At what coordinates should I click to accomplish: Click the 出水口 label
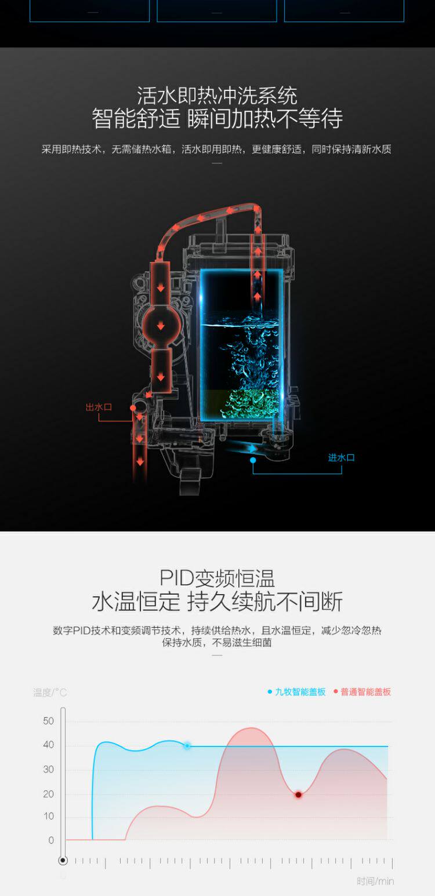click(99, 407)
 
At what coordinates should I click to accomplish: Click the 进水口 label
click(341, 458)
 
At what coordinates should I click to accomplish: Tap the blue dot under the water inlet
click(253, 460)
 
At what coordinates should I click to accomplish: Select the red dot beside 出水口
click(133, 408)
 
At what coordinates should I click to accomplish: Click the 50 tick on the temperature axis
click(48, 721)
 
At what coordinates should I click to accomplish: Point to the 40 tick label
click(48, 745)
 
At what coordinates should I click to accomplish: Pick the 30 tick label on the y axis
click(48, 770)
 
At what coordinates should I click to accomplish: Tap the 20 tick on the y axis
click(48, 794)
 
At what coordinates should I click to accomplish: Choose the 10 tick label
click(48, 816)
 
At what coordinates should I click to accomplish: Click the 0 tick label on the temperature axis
click(51, 840)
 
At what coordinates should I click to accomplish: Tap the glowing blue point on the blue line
click(187, 746)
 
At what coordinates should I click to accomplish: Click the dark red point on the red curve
click(298, 795)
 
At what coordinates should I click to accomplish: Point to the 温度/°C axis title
click(50, 693)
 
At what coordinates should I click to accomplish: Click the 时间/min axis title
click(375, 882)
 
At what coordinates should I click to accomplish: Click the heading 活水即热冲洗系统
click(217, 95)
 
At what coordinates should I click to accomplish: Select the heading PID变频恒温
click(217, 578)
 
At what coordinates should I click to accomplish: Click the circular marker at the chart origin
click(63, 861)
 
